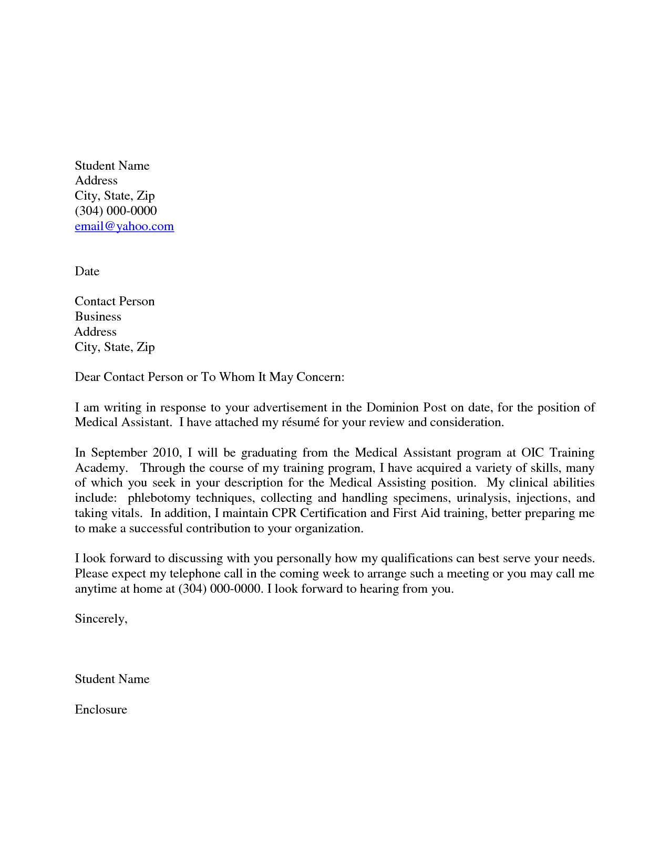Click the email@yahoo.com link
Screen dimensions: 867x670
pos(124,226)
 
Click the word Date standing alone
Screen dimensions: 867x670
pos(87,271)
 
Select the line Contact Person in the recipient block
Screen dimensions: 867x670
pos(115,302)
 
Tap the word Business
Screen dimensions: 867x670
pos(98,316)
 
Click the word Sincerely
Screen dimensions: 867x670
pos(100,619)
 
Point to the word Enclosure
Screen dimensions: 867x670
pos(101,710)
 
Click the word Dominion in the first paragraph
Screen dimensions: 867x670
pos(393,408)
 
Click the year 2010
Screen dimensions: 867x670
pos(166,453)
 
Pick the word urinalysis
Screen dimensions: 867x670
pos(482,498)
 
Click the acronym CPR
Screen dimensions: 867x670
pos(284,513)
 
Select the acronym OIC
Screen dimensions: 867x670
pos(532,453)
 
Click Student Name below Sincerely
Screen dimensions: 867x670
pos(112,679)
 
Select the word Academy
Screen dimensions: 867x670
pos(100,468)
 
